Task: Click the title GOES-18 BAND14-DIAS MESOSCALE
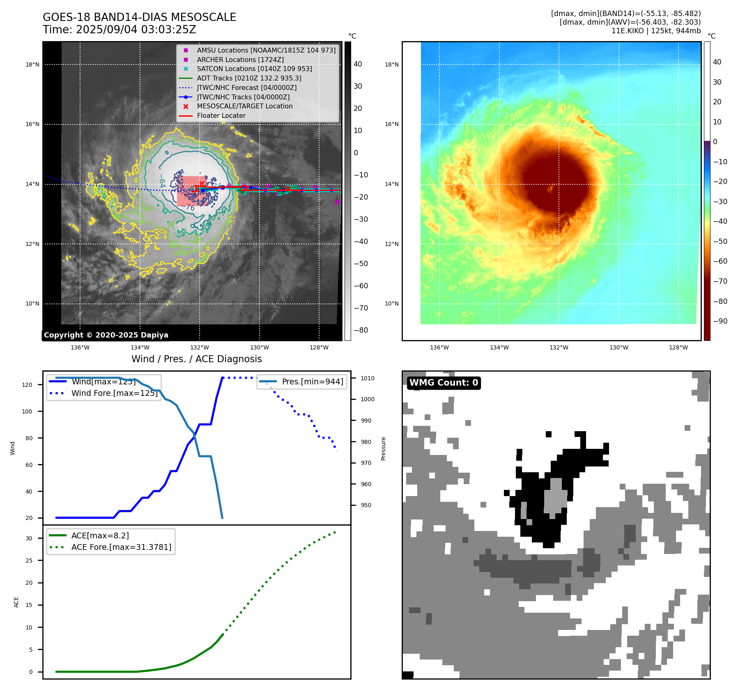coord(139,17)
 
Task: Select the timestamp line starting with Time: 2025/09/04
coord(120,30)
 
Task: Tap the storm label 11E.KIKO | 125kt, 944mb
coord(656,31)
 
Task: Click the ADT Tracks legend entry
coord(249,78)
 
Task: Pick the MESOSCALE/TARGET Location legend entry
coord(245,106)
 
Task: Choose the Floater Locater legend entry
coord(221,115)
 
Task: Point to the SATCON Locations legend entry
coord(254,69)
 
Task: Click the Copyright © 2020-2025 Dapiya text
coord(106,335)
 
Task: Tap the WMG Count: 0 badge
coord(444,383)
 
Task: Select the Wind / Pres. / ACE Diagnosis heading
coord(196,359)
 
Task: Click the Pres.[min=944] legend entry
coord(312,381)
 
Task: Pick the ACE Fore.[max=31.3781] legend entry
coord(121,547)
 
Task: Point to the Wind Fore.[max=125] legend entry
coord(114,393)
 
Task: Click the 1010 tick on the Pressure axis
coord(368,378)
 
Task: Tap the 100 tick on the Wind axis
coord(27,411)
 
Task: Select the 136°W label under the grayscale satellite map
coord(80,347)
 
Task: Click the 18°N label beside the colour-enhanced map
coord(391,64)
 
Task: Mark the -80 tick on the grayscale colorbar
coord(361,330)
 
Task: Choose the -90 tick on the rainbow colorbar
coord(720,321)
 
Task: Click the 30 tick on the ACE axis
coord(29,538)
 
